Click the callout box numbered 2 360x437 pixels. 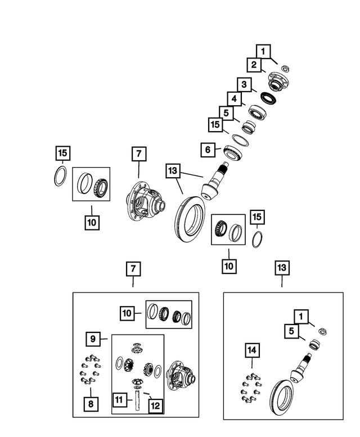point(254,65)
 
